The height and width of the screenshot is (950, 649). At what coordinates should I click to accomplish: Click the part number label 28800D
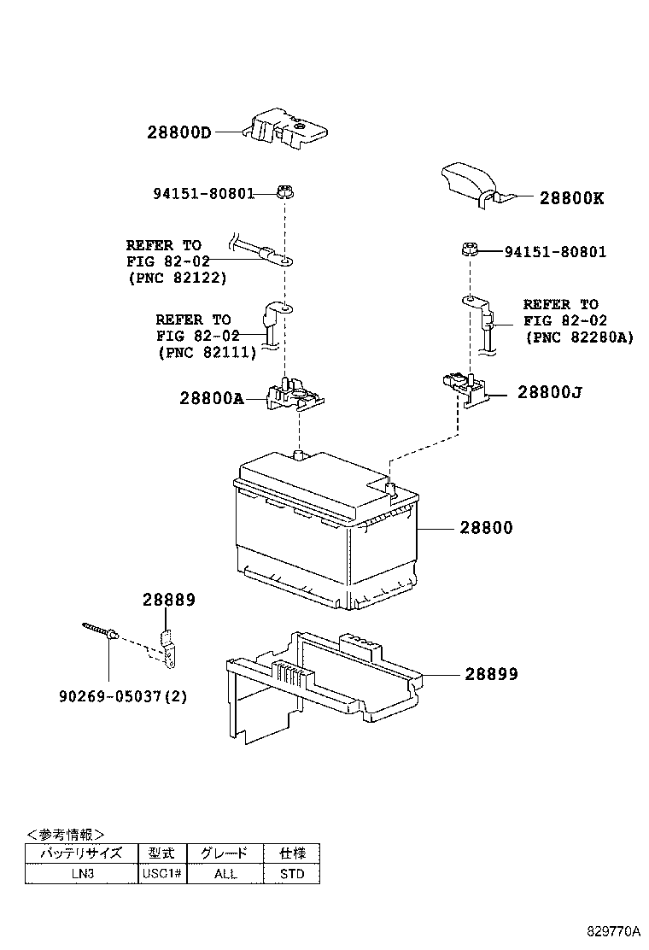pos(178,132)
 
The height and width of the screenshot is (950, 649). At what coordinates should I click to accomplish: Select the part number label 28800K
pos(571,198)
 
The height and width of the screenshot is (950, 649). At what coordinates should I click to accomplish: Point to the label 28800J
pos(550,393)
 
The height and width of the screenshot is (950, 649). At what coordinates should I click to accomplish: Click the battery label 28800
pos(486,529)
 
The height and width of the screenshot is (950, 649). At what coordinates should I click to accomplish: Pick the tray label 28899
pos(491,674)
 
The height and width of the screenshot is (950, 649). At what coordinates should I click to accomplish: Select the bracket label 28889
pos(168,601)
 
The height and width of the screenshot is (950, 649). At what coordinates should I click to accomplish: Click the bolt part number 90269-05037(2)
pos(123,696)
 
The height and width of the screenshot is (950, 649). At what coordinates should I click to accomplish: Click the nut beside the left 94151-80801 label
pos(285,192)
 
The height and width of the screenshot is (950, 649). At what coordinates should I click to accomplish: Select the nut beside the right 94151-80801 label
pos(469,250)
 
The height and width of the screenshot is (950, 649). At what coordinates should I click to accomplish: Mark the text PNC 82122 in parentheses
pos(178,279)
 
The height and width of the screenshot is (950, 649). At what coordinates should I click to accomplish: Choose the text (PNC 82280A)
pos(581,337)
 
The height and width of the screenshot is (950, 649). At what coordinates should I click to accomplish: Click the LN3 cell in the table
pos(82,874)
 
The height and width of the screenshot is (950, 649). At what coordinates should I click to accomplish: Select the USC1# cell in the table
pos(162,874)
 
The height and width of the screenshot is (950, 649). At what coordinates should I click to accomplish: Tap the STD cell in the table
pos(291,874)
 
